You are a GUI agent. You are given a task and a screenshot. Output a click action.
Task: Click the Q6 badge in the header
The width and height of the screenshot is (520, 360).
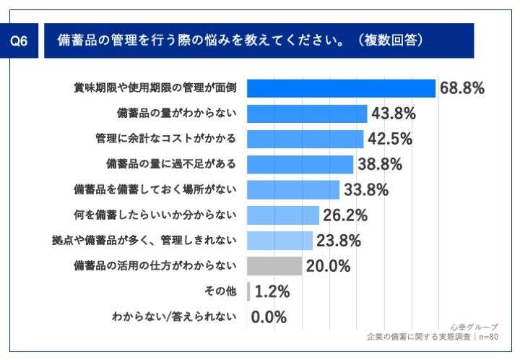click(20, 42)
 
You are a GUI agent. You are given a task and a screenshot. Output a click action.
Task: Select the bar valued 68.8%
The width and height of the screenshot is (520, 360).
click(341, 88)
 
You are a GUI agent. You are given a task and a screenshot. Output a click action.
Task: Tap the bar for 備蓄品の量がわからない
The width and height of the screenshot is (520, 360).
click(307, 113)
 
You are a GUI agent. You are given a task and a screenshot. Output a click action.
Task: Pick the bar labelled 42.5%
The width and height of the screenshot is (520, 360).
click(305, 139)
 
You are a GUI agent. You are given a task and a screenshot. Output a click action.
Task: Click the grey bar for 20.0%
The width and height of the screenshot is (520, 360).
click(274, 266)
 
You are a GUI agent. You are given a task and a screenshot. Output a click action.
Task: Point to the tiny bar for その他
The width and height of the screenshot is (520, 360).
click(248, 291)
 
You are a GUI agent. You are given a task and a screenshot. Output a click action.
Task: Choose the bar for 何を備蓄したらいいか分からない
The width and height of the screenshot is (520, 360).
click(283, 215)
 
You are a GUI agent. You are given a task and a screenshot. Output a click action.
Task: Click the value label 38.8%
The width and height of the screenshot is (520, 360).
click(380, 165)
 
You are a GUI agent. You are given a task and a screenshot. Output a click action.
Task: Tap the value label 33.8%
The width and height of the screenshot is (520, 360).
click(366, 190)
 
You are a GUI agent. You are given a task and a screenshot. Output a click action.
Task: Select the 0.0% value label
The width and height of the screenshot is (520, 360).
click(269, 317)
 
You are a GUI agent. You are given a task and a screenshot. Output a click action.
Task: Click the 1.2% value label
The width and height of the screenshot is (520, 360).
click(272, 291)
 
